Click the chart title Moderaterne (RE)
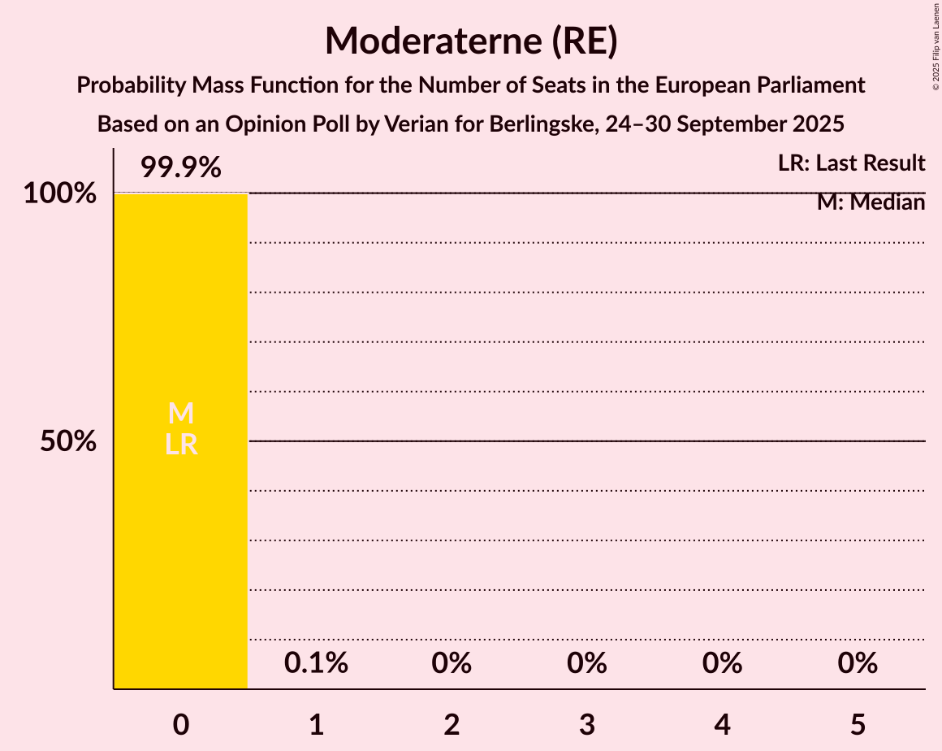pyautogui.click(x=471, y=41)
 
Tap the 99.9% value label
pyautogui.click(x=180, y=168)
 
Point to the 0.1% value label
pyautogui.click(x=316, y=663)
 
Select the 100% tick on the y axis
pyautogui.click(x=59, y=194)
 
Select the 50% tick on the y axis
pyautogui.click(x=69, y=441)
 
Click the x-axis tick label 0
pyautogui.click(x=180, y=724)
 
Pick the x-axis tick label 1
pyautogui.click(x=316, y=724)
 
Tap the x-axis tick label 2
pyautogui.click(x=452, y=724)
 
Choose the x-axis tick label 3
pyautogui.click(x=587, y=724)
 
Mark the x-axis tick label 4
pyautogui.click(x=723, y=724)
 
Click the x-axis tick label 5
pyautogui.click(x=858, y=724)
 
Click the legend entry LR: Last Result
pyautogui.click(x=851, y=163)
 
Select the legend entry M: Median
pyautogui.click(x=871, y=202)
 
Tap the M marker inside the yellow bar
pyautogui.click(x=180, y=415)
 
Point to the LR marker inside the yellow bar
pyautogui.click(x=180, y=445)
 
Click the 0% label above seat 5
pyautogui.click(x=858, y=663)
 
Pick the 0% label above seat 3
pyautogui.click(x=587, y=663)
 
